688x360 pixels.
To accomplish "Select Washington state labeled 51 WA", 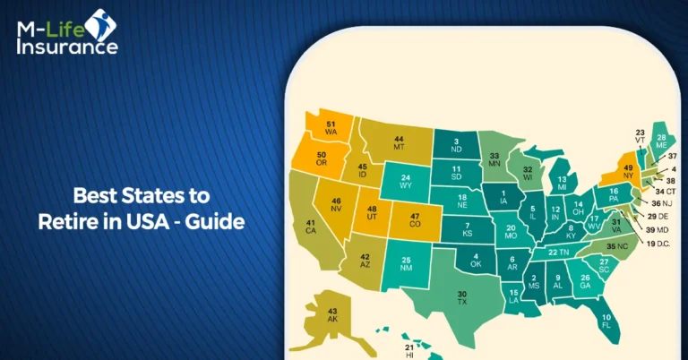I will pyautogui.click(x=331, y=128).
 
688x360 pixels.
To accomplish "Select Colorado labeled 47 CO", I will pyautogui.click(x=415, y=219).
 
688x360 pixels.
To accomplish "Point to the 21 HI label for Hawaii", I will pyautogui.click(x=409, y=350).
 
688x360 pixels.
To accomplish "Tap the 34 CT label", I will pyautogui.click(x=666, y=191).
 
